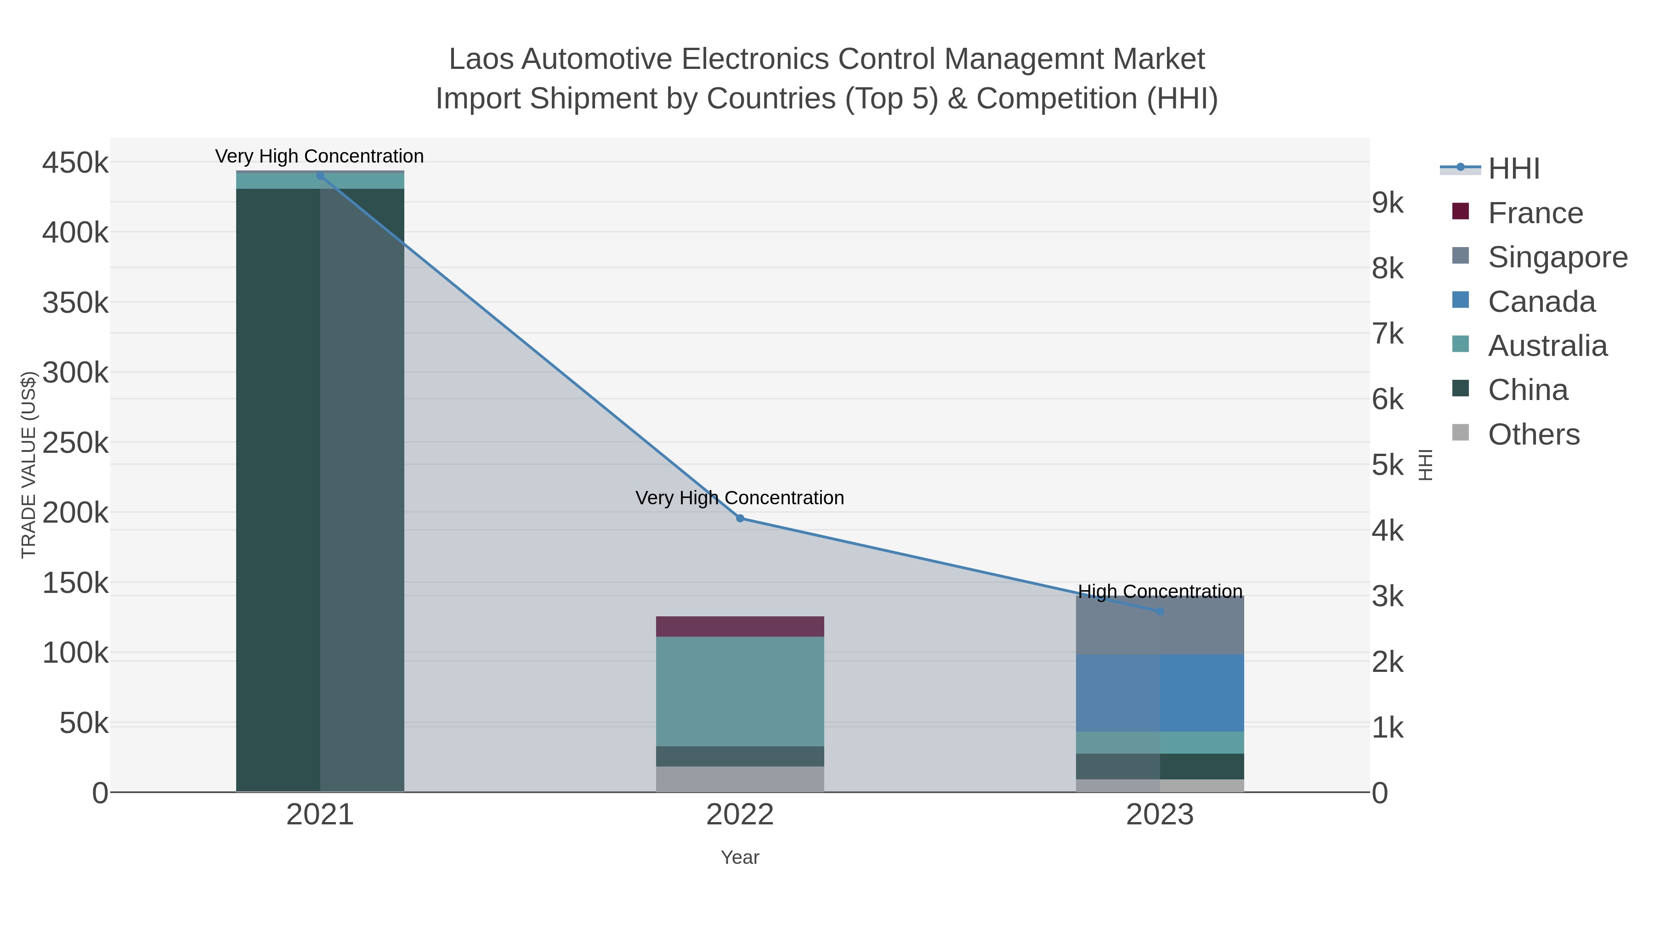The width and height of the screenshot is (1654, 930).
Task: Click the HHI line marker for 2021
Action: click(x=320, y=176)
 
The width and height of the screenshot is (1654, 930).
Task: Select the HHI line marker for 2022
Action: click(x=740, y=518)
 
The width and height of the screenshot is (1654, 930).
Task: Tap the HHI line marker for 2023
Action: click(x=1160, y=611)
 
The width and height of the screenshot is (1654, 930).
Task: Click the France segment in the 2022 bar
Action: click(x=740, y=626)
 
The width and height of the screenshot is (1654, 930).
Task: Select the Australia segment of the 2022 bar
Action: click(x=740, y=691)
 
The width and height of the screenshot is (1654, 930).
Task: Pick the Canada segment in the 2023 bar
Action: click(x=1160, y=693)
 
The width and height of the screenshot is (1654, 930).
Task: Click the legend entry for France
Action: click(x=1535, y=213)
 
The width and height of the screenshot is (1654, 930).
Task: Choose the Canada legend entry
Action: click(x=1541, y=302)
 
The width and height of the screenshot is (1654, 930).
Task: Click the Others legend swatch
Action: click(x=1460, y=433)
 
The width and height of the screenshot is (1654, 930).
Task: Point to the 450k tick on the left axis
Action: click(x=75, y=163)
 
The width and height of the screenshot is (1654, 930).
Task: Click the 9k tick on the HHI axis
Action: click(x=1388, y=203)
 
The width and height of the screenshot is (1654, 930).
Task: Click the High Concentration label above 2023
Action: click(x=1160, y=591)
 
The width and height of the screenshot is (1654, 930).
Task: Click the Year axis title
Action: click(x=740, y=857)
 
